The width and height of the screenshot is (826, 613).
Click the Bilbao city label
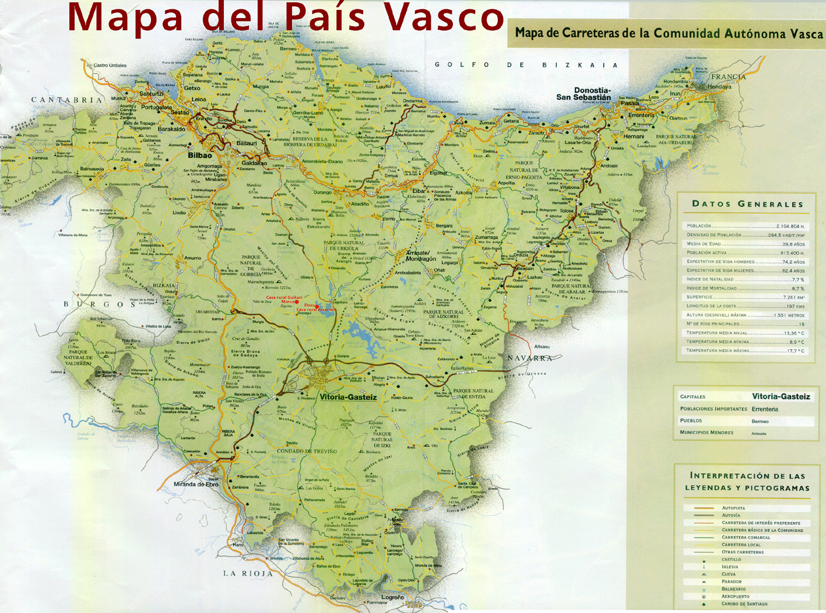click(x=200, y=156)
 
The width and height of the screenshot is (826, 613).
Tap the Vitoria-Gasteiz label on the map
click(x=348, y=397)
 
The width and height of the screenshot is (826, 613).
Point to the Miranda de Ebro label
click(x=196, y=484)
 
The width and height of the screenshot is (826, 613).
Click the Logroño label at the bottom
click(x=392, y=597)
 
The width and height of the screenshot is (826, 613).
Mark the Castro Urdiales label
click(x=110, y=65)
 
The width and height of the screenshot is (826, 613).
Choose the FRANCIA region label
click(x=728, y=76)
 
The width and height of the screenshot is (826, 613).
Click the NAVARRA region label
click(x=529, y=358)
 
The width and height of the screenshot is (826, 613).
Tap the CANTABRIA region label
click(x=66, y=100)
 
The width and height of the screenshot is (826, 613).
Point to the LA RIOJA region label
click(x=248, y=573)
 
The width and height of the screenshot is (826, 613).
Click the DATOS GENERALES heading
click(x=747, y=204)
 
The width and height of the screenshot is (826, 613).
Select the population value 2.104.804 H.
click(x=790, y=226)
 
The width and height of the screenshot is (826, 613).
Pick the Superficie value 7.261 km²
click(x=793, y=297)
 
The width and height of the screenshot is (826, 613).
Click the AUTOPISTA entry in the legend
click(x=733, y=508)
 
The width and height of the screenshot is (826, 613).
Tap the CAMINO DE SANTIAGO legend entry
click(x=744, y=604)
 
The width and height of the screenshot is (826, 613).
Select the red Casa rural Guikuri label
click(x=284, y=297)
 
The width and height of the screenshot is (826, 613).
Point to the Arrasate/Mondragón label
click(x=421, y=255)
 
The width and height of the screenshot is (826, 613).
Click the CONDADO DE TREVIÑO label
click(x=307, y=451)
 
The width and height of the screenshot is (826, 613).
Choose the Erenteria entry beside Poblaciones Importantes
click(x=765, y=409)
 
